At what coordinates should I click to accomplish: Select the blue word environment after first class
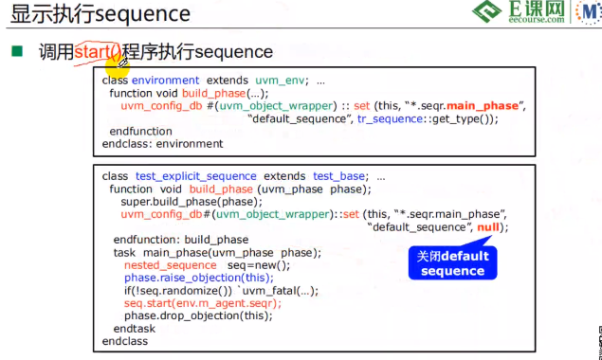click(165, 81)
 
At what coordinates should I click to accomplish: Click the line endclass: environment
click(162, 144)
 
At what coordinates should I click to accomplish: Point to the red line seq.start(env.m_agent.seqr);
click(203, 303)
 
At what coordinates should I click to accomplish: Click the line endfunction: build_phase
click(180, 240)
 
